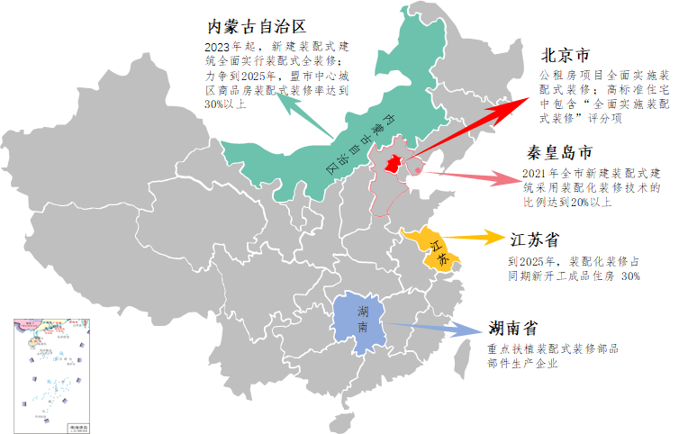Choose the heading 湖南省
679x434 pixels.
514,326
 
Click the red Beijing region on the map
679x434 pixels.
393,165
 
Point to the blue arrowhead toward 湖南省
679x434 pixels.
470,330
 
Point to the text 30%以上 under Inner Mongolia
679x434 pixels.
225,104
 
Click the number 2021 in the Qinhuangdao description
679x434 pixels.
535,172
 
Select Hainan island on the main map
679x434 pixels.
338,422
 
